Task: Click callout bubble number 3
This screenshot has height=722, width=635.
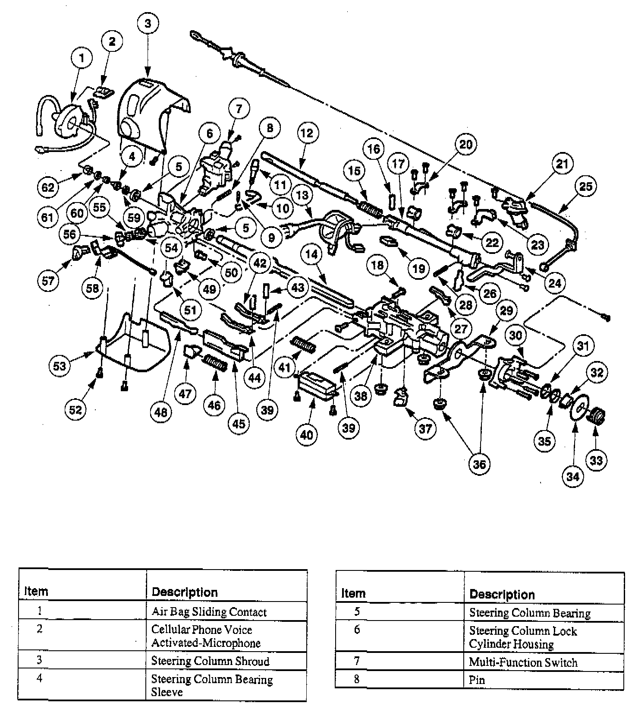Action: (x=148, y=23)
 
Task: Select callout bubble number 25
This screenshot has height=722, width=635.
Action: (x=585, y=187)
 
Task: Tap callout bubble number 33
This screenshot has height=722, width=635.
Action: (x=596, y=460)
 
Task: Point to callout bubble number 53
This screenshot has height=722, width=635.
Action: (x=60, y=366)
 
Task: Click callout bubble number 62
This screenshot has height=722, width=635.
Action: (x=48, y=187)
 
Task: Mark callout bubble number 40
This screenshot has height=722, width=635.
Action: (x=306, y=434)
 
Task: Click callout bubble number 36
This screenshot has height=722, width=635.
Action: (x=479, y=464)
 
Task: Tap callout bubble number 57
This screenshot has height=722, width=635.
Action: (x=48, y=281)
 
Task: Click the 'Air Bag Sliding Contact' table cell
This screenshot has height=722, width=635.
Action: (x=209, y=612)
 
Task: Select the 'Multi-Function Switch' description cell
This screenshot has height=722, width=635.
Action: (x=523, y=662)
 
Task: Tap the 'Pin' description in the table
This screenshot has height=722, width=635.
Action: (x=477, y=680)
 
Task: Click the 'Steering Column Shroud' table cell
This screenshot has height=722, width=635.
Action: (x=210, y=661)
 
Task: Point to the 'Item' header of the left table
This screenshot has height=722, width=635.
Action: (x=36, y=591)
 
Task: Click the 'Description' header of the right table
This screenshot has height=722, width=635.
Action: (x=502, y=595)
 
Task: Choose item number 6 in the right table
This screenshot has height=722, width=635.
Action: (x=357, y=630)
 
